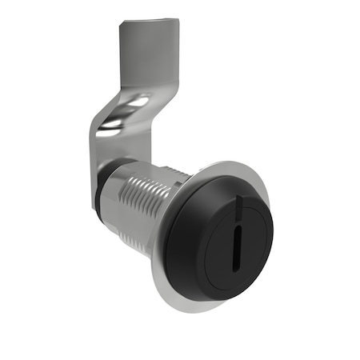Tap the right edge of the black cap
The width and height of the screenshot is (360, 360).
tap(272, 232)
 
